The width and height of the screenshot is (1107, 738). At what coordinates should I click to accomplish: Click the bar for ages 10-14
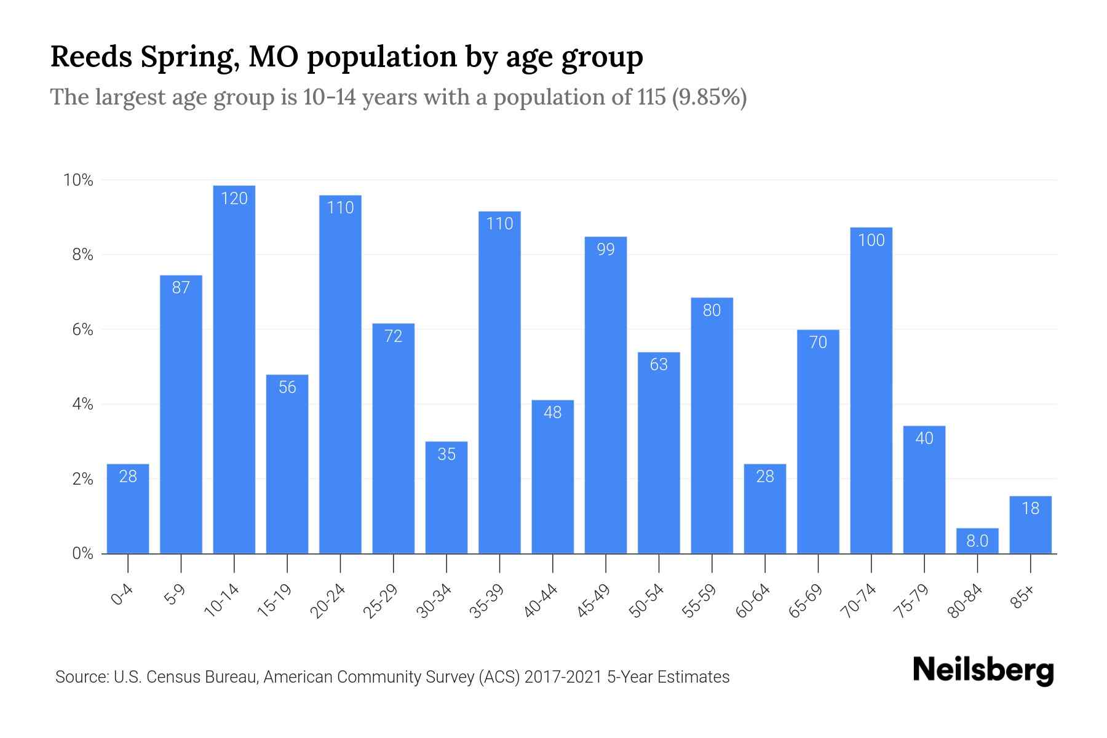coord(234,369)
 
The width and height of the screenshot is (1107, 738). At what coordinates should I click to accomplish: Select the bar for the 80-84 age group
coord(977,541)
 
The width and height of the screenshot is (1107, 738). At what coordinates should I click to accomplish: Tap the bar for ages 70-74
coord(871,394)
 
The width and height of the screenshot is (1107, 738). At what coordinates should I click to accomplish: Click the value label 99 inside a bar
coord(606,250)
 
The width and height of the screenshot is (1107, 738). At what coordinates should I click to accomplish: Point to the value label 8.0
coord(977,541)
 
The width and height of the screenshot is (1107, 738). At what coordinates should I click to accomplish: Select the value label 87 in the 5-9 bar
coord(181,287)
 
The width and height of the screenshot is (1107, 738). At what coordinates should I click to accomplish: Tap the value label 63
coord(659,365)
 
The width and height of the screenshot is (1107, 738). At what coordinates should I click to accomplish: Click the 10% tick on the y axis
coord(78,180)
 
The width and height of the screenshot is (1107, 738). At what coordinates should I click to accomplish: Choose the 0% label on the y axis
coord(82,553)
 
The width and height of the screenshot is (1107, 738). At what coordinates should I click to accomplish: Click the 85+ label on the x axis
coord(1023,598)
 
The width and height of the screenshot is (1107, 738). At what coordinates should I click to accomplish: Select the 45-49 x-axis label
coord(594,601)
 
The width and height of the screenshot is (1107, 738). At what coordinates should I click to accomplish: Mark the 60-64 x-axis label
coord(753,601)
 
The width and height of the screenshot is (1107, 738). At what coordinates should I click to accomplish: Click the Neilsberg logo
coord(983,671)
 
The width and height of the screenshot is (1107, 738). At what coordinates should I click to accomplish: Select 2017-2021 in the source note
coord(563,677)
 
